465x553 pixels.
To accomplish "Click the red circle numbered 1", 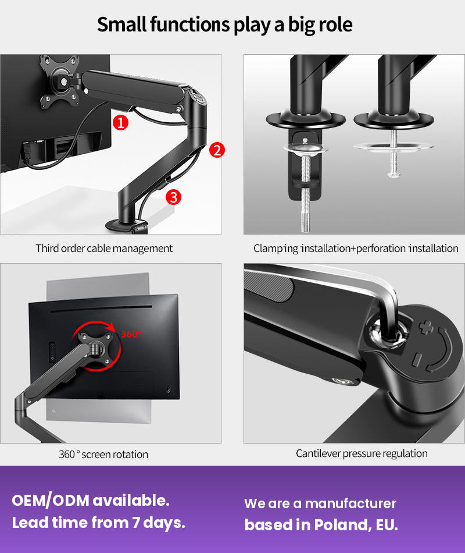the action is [120, 122].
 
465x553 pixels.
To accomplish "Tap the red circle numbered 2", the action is [217, 150].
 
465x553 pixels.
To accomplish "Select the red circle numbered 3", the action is [174, 197].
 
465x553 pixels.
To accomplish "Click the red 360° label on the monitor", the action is [131, 334].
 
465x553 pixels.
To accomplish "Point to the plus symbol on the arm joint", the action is [426, 327].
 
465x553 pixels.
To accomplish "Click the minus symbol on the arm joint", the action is [416, 360].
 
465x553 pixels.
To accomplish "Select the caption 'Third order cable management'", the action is [104, 249].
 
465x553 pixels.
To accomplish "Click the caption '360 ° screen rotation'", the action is [103, 454].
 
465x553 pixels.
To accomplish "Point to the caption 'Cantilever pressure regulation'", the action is [362, 453].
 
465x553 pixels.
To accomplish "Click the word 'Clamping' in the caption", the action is [276, 249].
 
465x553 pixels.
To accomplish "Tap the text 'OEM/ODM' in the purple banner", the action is [51, 501].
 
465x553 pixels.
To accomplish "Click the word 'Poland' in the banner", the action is [341, 525].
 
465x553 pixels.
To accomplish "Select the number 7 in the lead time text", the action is [136, 523].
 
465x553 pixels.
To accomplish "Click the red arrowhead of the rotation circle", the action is [112, 327].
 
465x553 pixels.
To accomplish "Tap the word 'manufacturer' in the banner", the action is [350, 504].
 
